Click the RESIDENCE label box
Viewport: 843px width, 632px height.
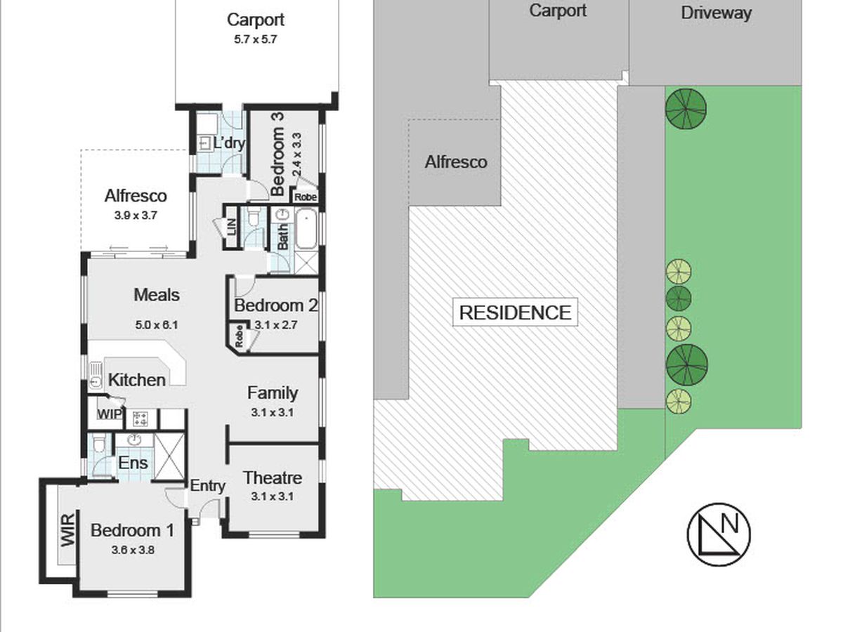515,312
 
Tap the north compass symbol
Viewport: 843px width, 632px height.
718,534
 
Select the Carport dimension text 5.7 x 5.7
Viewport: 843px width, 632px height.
256,39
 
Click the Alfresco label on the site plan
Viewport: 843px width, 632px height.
456,162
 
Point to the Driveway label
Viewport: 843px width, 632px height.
716,13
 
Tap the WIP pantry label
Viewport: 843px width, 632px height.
110,414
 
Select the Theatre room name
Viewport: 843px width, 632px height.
273,478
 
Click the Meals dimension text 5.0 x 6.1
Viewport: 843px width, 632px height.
157,324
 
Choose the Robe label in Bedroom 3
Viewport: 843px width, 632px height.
306,197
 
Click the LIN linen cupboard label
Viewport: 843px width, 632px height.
231,228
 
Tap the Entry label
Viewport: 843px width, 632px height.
208,486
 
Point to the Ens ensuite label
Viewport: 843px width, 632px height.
133,463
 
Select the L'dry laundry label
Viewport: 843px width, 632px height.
228,143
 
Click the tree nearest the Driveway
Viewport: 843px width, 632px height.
686,107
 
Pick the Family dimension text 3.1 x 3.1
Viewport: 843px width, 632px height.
273,412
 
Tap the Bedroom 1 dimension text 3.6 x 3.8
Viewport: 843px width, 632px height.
133,550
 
